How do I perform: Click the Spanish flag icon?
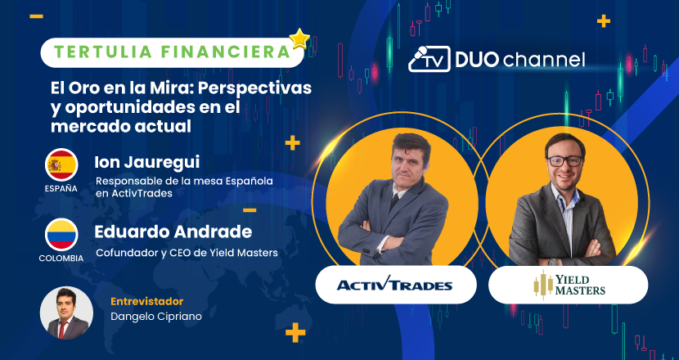point(61,164)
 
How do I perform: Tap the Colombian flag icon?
point(61,234)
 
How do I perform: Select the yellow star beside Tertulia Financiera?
point(299,39)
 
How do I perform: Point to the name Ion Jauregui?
point(146,163)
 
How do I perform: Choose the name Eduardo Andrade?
point(173,232)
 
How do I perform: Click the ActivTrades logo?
point(394,285)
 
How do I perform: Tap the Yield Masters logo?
point(569,285)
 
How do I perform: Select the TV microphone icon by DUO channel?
point(429,59)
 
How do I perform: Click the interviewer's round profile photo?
point(66,313)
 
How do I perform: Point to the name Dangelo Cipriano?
point(156,317)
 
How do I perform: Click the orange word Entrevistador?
point(146,301)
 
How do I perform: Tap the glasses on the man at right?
point(565,161)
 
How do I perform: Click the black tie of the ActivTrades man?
point(394,202)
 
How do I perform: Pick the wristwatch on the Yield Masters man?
point(553,262)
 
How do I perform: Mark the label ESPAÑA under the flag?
point(61,188)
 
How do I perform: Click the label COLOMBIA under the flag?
point(61,259)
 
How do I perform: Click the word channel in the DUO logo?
point(544,60)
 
